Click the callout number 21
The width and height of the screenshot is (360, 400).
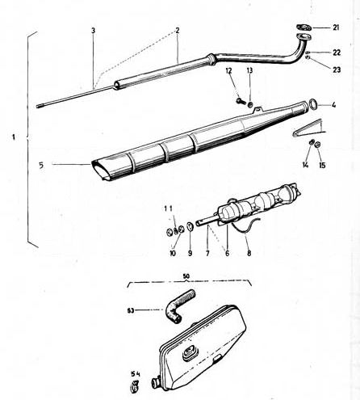336,27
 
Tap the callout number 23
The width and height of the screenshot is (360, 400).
337,69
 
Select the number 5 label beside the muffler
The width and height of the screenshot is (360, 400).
41,165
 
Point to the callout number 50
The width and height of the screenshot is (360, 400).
186,276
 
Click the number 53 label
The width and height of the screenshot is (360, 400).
131,310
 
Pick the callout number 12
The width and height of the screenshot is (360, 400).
228,71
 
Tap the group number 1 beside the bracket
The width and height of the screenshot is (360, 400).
14,137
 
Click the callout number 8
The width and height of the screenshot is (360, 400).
249,253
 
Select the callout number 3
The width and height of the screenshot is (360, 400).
93,31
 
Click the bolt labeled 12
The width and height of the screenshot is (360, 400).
241,101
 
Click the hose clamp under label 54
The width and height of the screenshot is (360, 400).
133,387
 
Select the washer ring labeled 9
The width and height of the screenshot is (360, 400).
190,227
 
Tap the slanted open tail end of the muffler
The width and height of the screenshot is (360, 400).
101,171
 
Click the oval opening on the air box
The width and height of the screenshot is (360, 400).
190,352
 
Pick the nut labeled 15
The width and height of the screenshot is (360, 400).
317,144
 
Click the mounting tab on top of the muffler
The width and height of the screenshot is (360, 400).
257,109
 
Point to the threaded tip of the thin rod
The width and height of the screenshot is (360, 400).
39,106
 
